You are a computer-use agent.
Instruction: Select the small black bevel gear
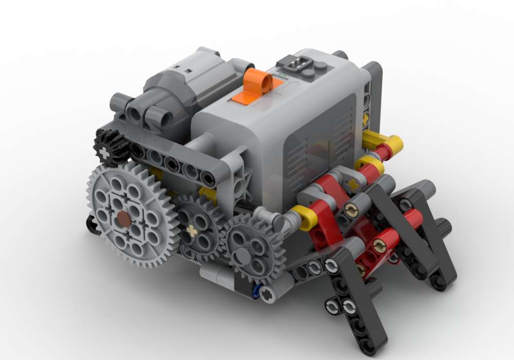coord(108,147)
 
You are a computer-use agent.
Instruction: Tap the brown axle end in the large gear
coord(123,220)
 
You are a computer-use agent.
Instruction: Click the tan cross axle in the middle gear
coord(192,230)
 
